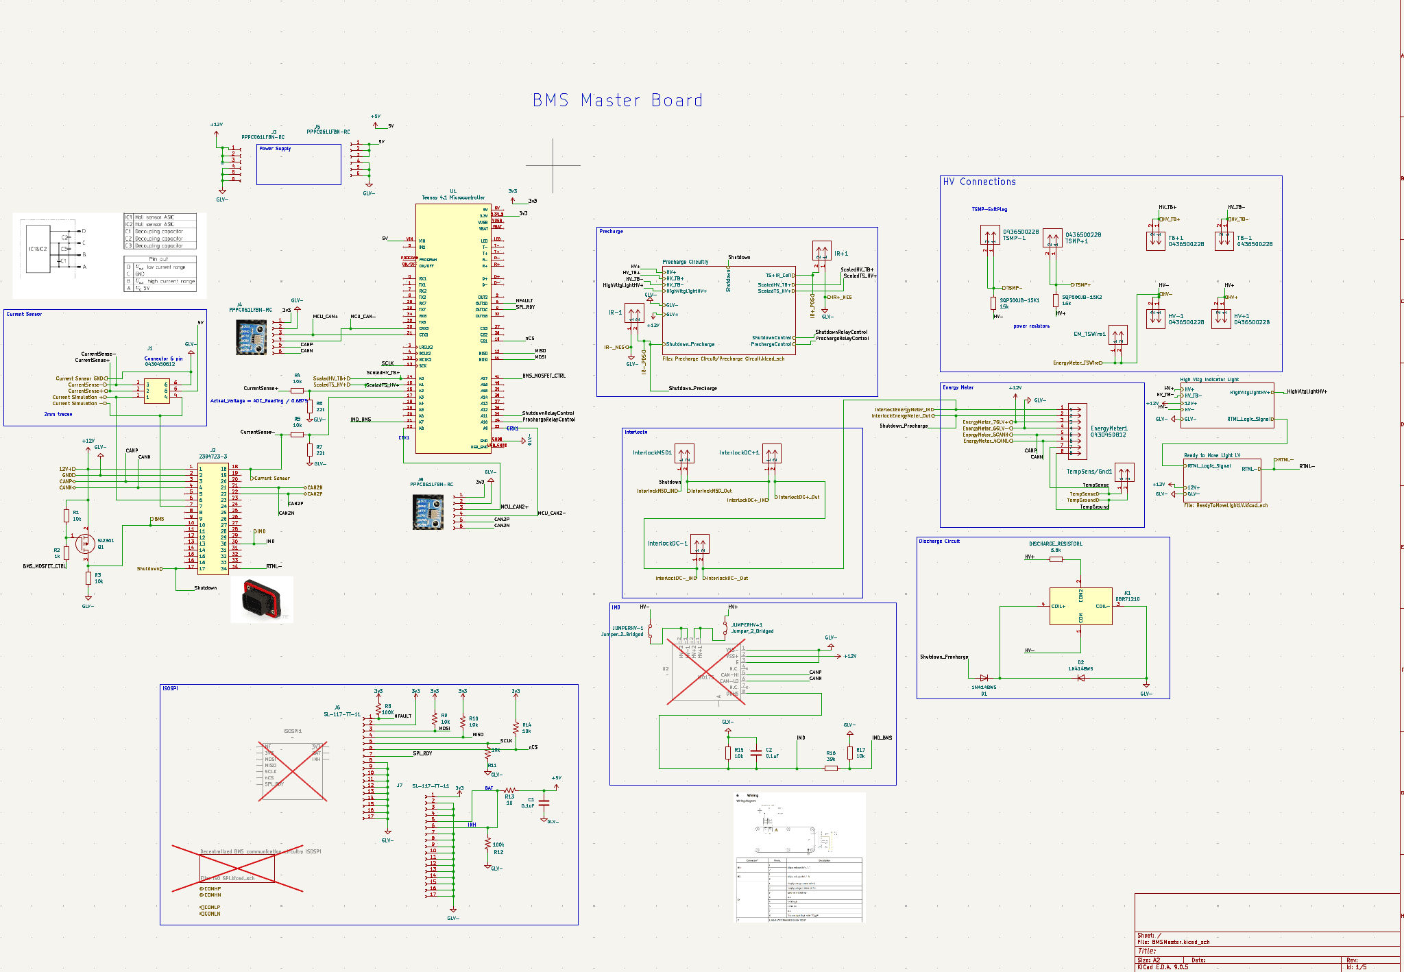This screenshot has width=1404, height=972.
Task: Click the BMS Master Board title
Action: [617, 101]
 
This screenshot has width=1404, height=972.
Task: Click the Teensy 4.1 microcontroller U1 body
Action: [452, 329]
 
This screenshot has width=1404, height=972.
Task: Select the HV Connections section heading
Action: [979, 182]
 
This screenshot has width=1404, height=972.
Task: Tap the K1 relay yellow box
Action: [1080, 607]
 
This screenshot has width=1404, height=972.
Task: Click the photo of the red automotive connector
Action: [261, 598]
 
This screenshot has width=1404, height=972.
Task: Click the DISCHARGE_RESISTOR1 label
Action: [1055, 544]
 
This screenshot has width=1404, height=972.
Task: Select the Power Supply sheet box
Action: [298, 165]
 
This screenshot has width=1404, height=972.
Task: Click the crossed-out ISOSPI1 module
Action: [293, 770]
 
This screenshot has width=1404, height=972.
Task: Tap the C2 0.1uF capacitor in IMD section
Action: [755, 753]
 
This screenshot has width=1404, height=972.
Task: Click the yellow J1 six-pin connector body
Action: [157, 391]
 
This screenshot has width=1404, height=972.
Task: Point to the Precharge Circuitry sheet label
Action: [685, 262]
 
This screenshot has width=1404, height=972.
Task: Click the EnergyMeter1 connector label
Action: [1109, 428]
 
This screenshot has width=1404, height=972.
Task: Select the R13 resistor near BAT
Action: [509, 790]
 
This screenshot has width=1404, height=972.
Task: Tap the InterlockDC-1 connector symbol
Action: [699, 544]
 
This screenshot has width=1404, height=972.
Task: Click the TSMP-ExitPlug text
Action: [989, 209]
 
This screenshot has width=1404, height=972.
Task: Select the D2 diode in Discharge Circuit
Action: [1080, 678]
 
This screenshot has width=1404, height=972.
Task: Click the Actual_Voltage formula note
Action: [258, 401]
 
